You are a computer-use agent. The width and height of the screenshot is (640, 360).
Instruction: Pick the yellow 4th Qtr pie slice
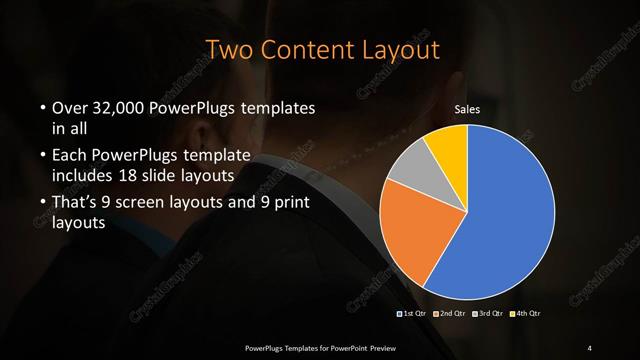[x=448, y=146]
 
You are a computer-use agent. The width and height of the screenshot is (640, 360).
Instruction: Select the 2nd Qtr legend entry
[x=450, y=314]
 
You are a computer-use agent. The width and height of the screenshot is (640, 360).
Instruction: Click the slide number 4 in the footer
[x=590, y=348]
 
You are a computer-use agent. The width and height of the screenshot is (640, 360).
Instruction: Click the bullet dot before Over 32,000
[x=42, y=108]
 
